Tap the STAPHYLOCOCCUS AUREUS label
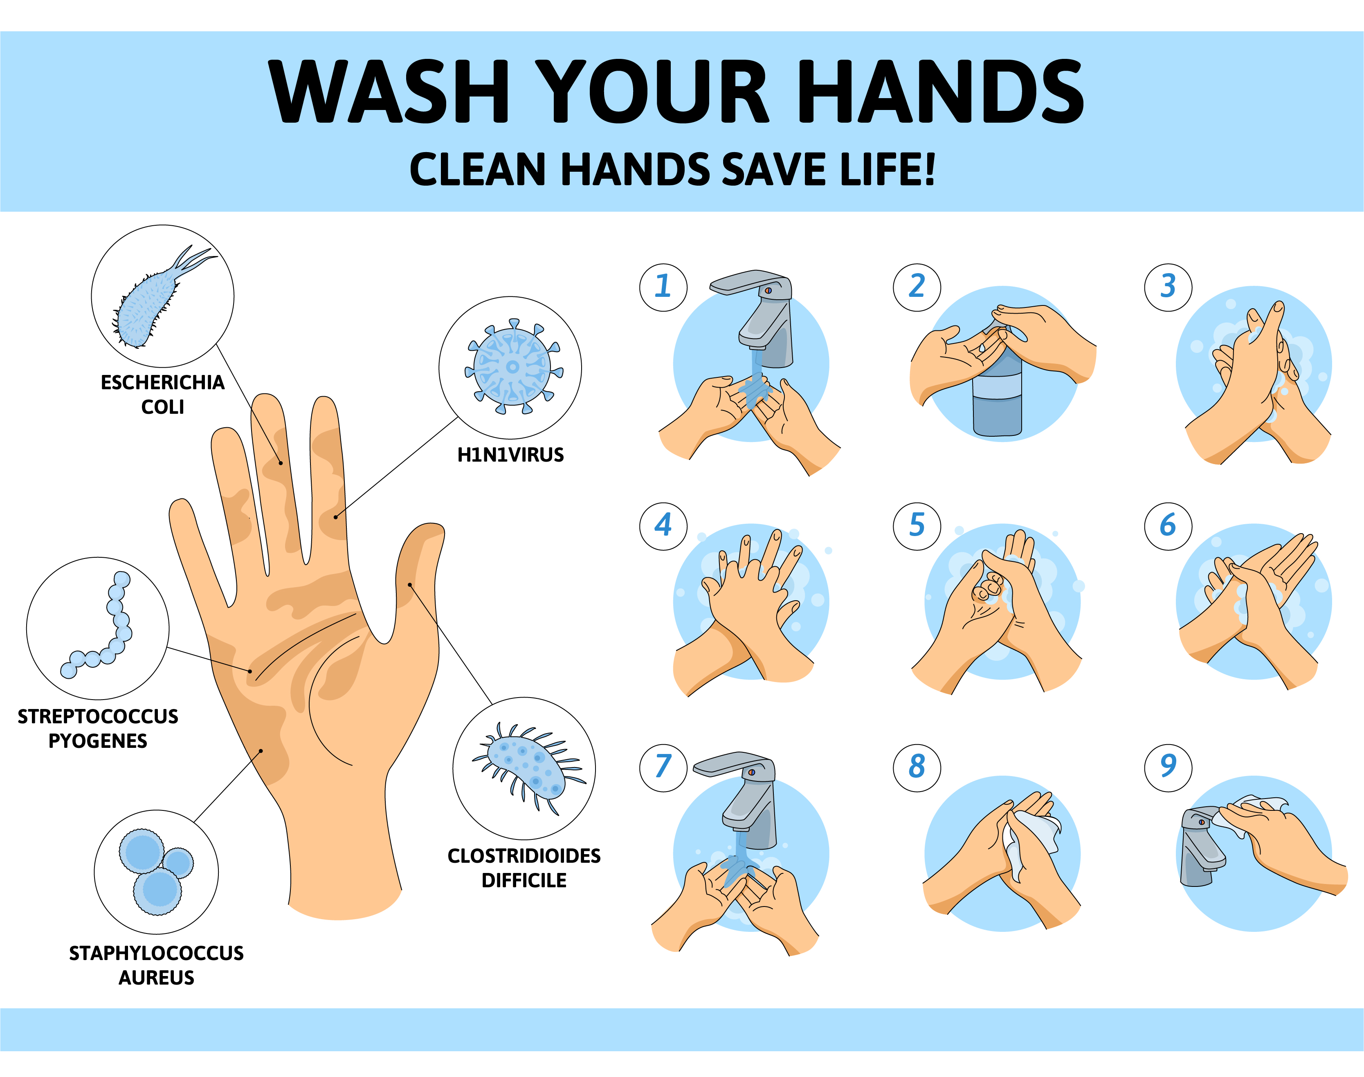[156, 965]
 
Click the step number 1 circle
[663, 287]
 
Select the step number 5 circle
[916, 526]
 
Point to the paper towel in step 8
[1034, 839]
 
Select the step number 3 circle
[1168, 287]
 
